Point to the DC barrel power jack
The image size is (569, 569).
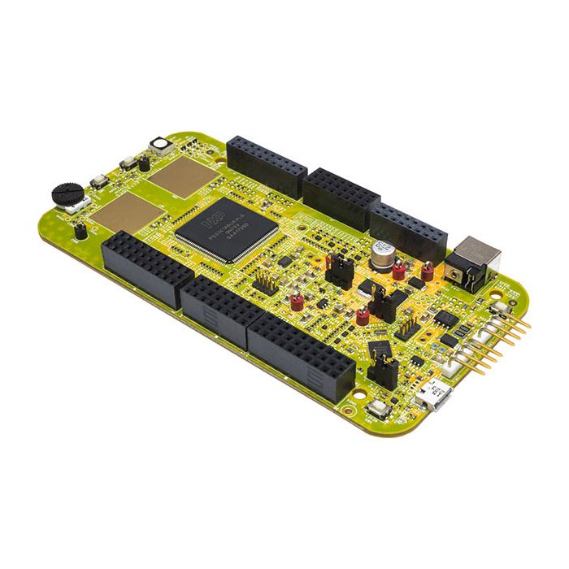474,262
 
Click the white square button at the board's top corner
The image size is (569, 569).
160,146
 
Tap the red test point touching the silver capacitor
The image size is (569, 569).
399,269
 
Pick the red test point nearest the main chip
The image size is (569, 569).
296,302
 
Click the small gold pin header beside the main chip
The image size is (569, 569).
266,280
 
